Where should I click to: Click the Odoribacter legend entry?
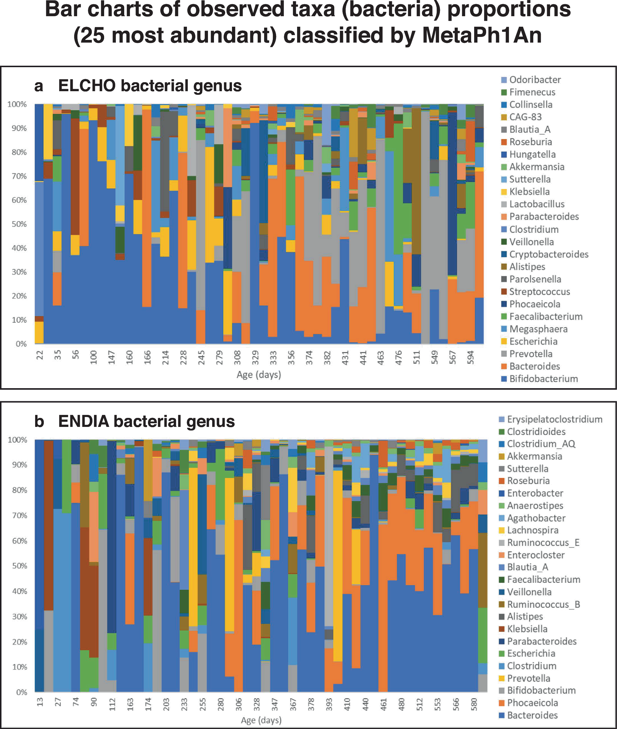click(x=534, y=80)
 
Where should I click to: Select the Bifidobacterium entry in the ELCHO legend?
click(x=543, y=379)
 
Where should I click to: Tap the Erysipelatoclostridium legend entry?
click(x=554, y=419)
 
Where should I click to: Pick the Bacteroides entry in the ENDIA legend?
click(x=532, y=715)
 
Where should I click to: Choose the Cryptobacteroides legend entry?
click(x=549, y=254)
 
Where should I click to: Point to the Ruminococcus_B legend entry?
click(x=543, y=604)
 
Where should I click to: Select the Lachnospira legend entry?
click(x=532, y=530)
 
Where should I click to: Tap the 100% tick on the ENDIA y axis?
click(x=17, y=440)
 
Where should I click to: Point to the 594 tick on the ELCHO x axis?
click(x=471, y=357)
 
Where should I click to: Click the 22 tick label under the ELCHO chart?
click(x=40, y=355)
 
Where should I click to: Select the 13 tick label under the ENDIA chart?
click(x=40, y=701)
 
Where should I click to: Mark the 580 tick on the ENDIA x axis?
click(x=474, y=702)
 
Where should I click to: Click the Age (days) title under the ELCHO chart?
click(x=259, y=374)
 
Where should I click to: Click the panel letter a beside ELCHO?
click(x=38, y=86)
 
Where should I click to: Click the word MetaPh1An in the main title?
click(x=482, y=35)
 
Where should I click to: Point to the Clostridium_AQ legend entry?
click(x=541, y=444)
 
